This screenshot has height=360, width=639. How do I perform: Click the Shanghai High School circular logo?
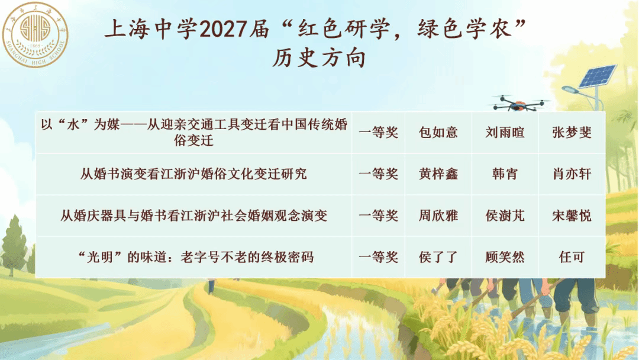[x=35, y=35]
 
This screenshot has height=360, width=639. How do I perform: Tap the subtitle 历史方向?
[x=319, y=58]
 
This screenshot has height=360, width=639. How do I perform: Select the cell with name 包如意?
[x=438, y=133]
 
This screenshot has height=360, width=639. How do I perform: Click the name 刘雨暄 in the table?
[x=505, y=133]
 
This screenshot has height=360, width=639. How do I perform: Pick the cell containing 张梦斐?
[x=572, y=133]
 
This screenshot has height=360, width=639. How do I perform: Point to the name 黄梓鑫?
[x=438, y=174]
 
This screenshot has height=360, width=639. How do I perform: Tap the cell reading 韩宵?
[x=505, y=174]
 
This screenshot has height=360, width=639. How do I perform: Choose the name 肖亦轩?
[x=572, y=174]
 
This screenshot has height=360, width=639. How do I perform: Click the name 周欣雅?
[x=438, y=216]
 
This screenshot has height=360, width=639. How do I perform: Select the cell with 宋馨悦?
[x=572, y=216]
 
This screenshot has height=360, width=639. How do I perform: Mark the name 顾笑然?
[x=505, y=257]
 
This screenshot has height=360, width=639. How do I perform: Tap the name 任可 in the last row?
[x=572, y=257]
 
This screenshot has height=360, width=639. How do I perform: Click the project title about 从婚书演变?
[x=193, y=174]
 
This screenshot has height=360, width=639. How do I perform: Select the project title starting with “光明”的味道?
[x=196, y=257]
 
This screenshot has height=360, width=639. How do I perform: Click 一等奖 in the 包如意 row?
[x=379, y=133]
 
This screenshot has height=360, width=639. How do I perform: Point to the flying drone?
[x=518, y=103]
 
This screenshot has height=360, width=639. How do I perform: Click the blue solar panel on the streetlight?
[x=598, y=76]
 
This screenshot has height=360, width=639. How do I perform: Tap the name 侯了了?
[x=438, y=257]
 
